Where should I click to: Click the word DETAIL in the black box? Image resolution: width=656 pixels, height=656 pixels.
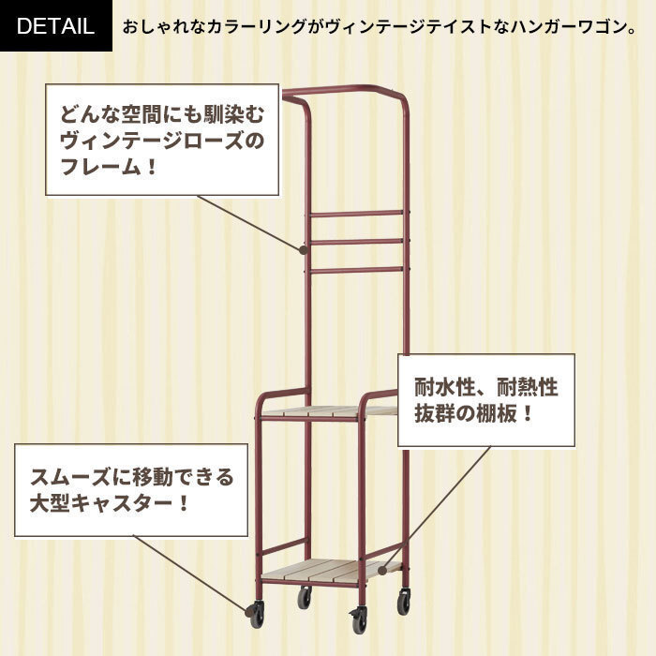pos(55,26)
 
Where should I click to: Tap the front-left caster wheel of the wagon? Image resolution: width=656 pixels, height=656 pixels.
pos(257,614)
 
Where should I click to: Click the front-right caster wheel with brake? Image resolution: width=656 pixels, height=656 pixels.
pos(359,619)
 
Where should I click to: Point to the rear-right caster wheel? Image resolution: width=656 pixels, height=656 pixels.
pos(403,601)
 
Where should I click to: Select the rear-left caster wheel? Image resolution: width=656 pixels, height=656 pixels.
pos(305,597)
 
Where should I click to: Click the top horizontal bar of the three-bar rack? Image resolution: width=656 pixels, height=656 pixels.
pos(357,215)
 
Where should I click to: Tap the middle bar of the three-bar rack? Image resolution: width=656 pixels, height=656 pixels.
pos(357,242)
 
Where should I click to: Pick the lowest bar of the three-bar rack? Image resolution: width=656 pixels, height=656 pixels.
pos(357,270)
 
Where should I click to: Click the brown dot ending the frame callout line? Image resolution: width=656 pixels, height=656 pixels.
pos(304,250)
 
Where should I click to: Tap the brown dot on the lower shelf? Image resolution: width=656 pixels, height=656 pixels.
pos(382,570)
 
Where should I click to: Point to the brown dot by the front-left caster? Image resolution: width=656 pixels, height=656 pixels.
pos(249,612)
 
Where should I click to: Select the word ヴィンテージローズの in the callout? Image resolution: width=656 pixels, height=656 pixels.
pos(162,141)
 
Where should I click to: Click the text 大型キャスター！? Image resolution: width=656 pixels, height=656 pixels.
pos(110,503)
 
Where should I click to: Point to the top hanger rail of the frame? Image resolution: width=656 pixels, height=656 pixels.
pos(344,89)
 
